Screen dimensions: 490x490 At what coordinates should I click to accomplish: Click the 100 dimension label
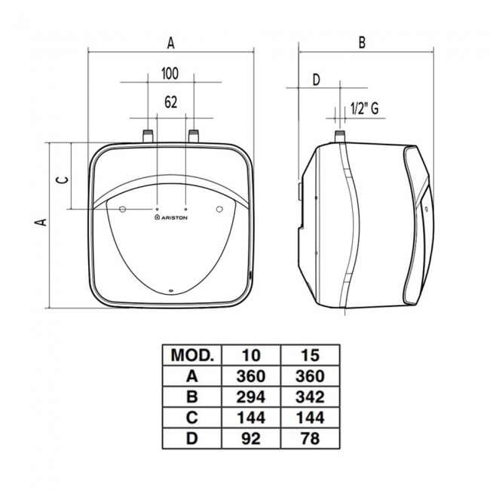click(170, 73)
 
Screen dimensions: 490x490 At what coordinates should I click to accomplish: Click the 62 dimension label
click(170, 102)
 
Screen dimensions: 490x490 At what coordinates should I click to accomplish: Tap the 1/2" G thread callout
click(364, 109)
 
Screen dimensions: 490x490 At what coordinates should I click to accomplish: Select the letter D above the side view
click(317, 80)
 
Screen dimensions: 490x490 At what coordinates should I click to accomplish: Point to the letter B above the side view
click(362, 42)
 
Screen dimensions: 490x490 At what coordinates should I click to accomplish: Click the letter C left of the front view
click(62, 180)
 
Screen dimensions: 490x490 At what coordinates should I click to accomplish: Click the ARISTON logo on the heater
click(171, 217)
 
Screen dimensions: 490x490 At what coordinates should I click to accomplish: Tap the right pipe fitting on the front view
click(194, 136)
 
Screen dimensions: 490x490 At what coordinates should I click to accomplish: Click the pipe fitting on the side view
click(340, 136)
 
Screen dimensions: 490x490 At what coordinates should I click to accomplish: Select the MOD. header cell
click(192, 355)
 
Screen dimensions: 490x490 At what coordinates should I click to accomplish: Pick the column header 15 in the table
click(310, 355)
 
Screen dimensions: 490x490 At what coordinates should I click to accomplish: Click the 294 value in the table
click(251, 397)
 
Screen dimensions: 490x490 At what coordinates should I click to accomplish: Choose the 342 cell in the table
click(310, 397)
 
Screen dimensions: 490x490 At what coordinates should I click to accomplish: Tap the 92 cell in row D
click(251, 439)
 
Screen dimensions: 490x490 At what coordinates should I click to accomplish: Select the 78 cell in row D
click(310, 439)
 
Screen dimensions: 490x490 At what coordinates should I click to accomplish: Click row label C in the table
click(192, 418)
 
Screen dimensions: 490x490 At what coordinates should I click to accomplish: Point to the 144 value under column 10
click(251, 418)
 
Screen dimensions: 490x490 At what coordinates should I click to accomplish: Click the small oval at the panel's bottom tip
click(171, 292)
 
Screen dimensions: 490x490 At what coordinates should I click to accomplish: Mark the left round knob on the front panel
click(122, 209)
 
